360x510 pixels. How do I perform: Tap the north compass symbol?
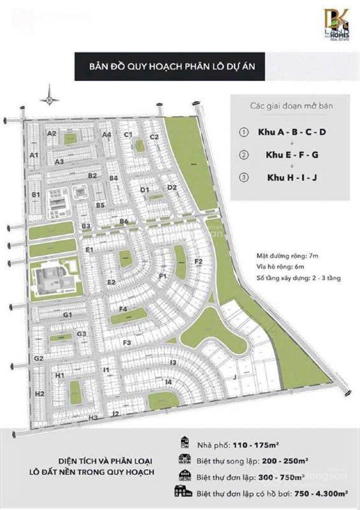pos(48,98)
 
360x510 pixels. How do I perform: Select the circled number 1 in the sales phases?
pos(242,132)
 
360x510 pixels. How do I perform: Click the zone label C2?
pos(154,136)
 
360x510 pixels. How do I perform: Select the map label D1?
pos(145,189)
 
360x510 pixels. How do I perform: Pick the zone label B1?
pos(36,194)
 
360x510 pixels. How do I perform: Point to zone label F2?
pos(198,261)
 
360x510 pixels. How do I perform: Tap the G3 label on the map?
pos(81,333)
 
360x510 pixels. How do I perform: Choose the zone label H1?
pos(59,376)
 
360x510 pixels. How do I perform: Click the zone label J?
pos(234,378)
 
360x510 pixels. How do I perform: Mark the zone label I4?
pos(168,382)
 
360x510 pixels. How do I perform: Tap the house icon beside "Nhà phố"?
pos(185,445)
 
